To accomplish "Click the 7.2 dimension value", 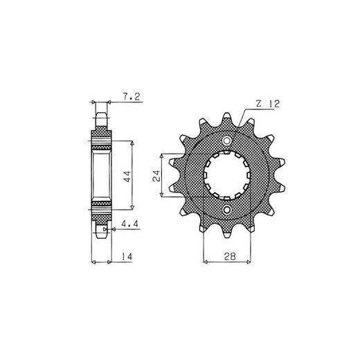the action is (x=132, y=97).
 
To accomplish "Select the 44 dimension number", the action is (x=127, y=177).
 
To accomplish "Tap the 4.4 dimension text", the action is (x=129, y=224).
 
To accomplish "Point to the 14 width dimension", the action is (x=127, y=257).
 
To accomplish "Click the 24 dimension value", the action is (x=156, y=176).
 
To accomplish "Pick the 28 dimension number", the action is (x=230, y=256).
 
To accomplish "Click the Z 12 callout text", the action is (x=268, y=104).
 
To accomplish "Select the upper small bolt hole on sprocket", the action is (x=227, y=141).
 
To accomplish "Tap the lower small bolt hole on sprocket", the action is (x=227, y=210).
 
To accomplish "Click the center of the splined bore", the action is (x=227, y=175).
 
